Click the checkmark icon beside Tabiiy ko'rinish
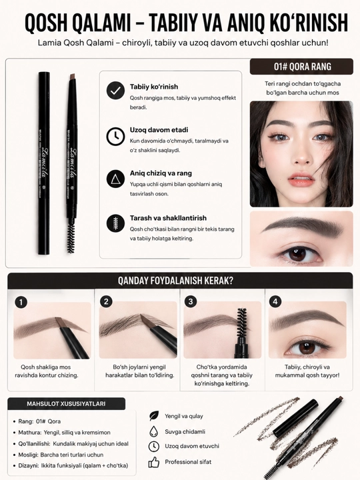115,91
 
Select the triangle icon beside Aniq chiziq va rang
115,179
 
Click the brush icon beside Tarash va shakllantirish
115,223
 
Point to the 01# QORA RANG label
302,67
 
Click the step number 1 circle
21,303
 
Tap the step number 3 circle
191,302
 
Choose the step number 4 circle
275,302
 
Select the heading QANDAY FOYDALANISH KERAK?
175,281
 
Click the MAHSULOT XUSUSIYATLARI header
66,404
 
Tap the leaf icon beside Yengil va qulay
154,416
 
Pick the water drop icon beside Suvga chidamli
153,431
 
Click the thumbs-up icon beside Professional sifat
154,462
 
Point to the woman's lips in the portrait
301,179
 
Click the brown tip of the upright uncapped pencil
72,77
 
